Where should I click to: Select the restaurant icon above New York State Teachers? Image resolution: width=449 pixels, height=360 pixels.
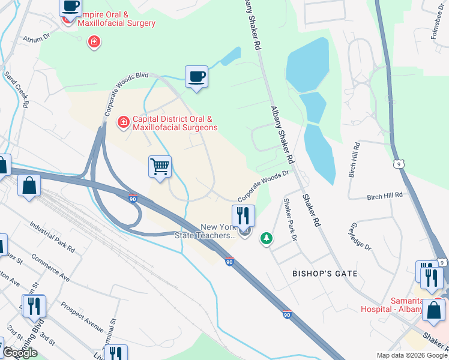pyautogui.click(x=243, y=215)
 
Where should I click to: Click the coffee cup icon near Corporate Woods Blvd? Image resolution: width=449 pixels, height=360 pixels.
pyautogui.click(x=196, y=76)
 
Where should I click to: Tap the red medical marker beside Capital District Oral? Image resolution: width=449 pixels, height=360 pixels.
pyautogui.click(x=123, y=122)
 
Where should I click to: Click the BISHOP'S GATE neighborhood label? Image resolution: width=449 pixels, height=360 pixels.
pyautogui.click(x=324, y=274)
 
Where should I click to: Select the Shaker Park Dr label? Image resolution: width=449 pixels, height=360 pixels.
pyautogui.click(x=291, y=220)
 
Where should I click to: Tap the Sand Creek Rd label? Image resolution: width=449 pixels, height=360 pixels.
pyautogui.click(x=16, y=91)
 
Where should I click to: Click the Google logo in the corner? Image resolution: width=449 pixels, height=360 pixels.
pyautogui.click(x=20, y=353)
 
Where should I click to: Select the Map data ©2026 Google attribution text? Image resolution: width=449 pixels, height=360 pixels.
pyautogui.click(x=412, y=355)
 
